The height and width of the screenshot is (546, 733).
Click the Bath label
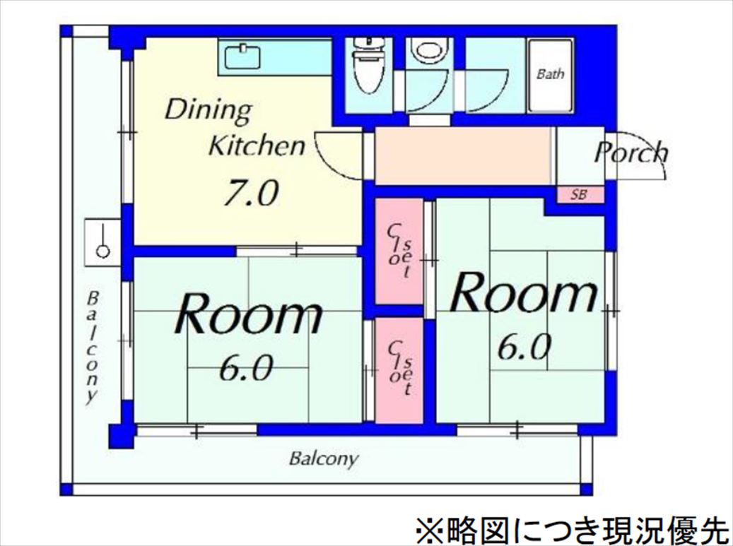pyautogui.click(x=550, y=73)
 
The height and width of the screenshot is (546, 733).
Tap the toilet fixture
pyautogui.click(x=367, y=66)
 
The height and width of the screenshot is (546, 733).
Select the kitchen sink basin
pyautogui.click(x=243, y=57)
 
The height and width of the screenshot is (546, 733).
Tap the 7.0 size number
pyautogui.click(x=250, y=193)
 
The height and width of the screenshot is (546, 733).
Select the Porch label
pyautogui.click(x=631, y=153)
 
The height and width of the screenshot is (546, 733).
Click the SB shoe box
pyautogui.click(x=580, y=194)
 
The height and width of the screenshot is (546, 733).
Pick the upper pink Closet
pyautogui.click(x=399, y=251)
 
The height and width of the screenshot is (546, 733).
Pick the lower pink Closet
pyautogui.click(x=399, y=371)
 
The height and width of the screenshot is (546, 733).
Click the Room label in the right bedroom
pyautogui.click(x=524, y=293)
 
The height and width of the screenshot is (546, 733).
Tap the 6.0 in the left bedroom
pyautogui.click(x=246, y=368)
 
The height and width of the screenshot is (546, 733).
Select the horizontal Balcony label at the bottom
pyautogui.click(x=324, y=459)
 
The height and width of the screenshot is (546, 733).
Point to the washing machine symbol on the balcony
pyautogui.click(x=102, y=242)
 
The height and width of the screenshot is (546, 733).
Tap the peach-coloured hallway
pyautogui.click(x=463, y=155)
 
